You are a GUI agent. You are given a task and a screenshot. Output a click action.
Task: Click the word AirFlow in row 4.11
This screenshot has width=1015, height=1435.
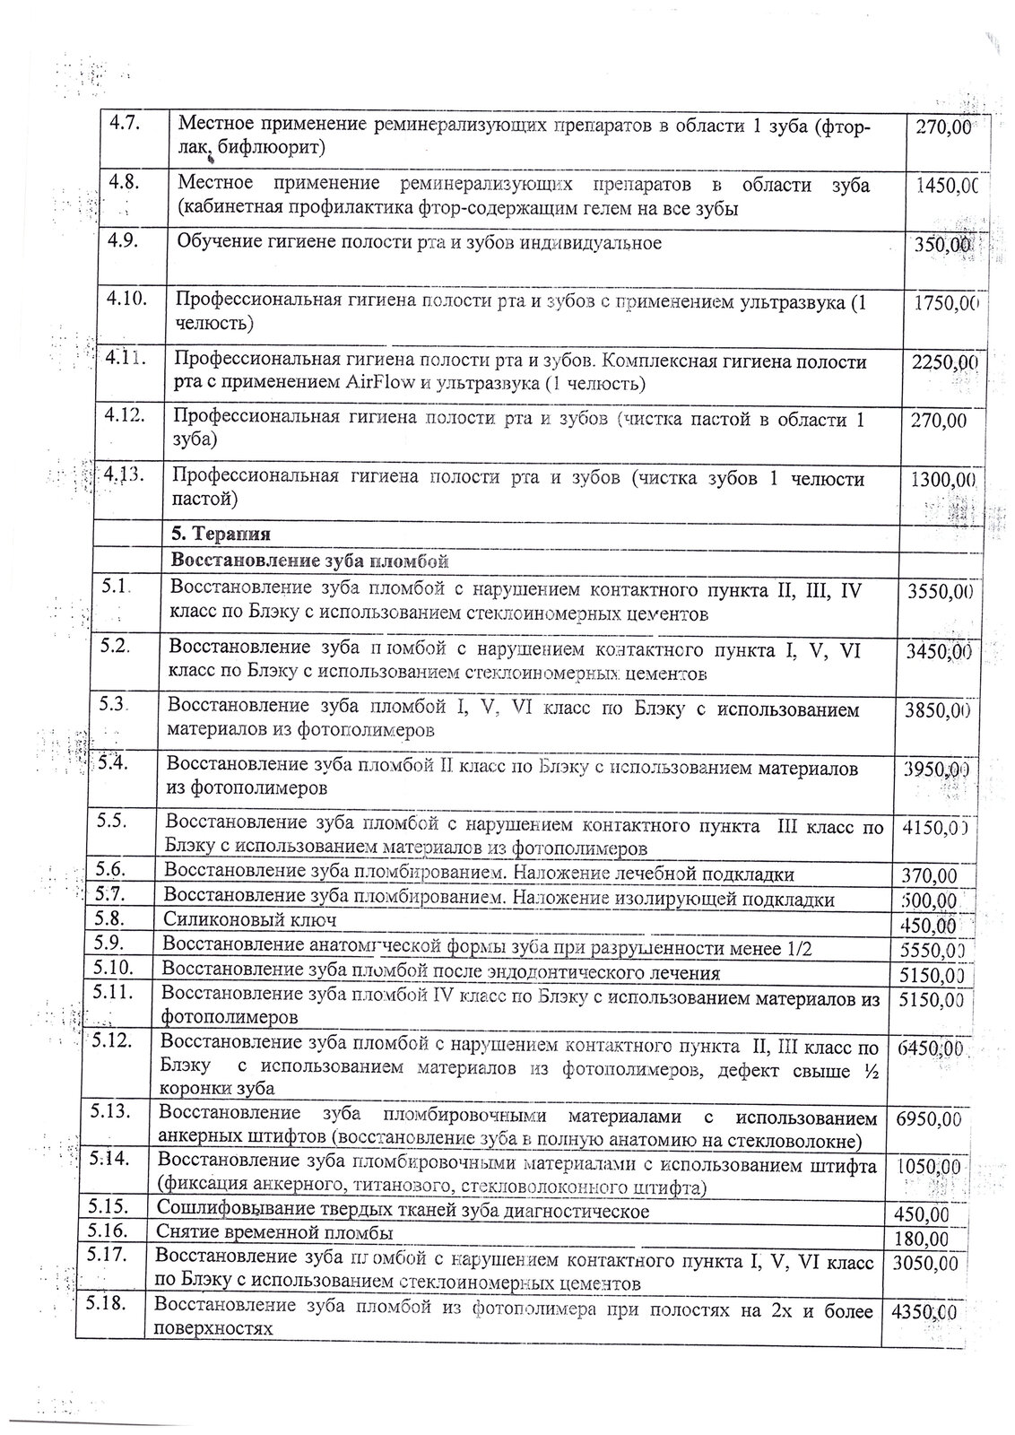click(377, 385)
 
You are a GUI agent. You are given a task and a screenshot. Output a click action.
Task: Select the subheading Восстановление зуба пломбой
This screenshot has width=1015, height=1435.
click(308, 561)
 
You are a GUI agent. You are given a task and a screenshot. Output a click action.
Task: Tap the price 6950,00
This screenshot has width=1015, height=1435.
click(928, 1119)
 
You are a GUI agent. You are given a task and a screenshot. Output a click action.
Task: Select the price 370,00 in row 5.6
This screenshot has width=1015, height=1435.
click(927, 876)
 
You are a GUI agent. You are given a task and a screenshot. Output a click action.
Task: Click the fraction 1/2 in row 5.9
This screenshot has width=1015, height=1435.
click(799, 949)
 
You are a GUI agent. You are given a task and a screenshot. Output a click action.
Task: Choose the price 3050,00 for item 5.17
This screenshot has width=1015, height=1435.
click(925, 1264)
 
